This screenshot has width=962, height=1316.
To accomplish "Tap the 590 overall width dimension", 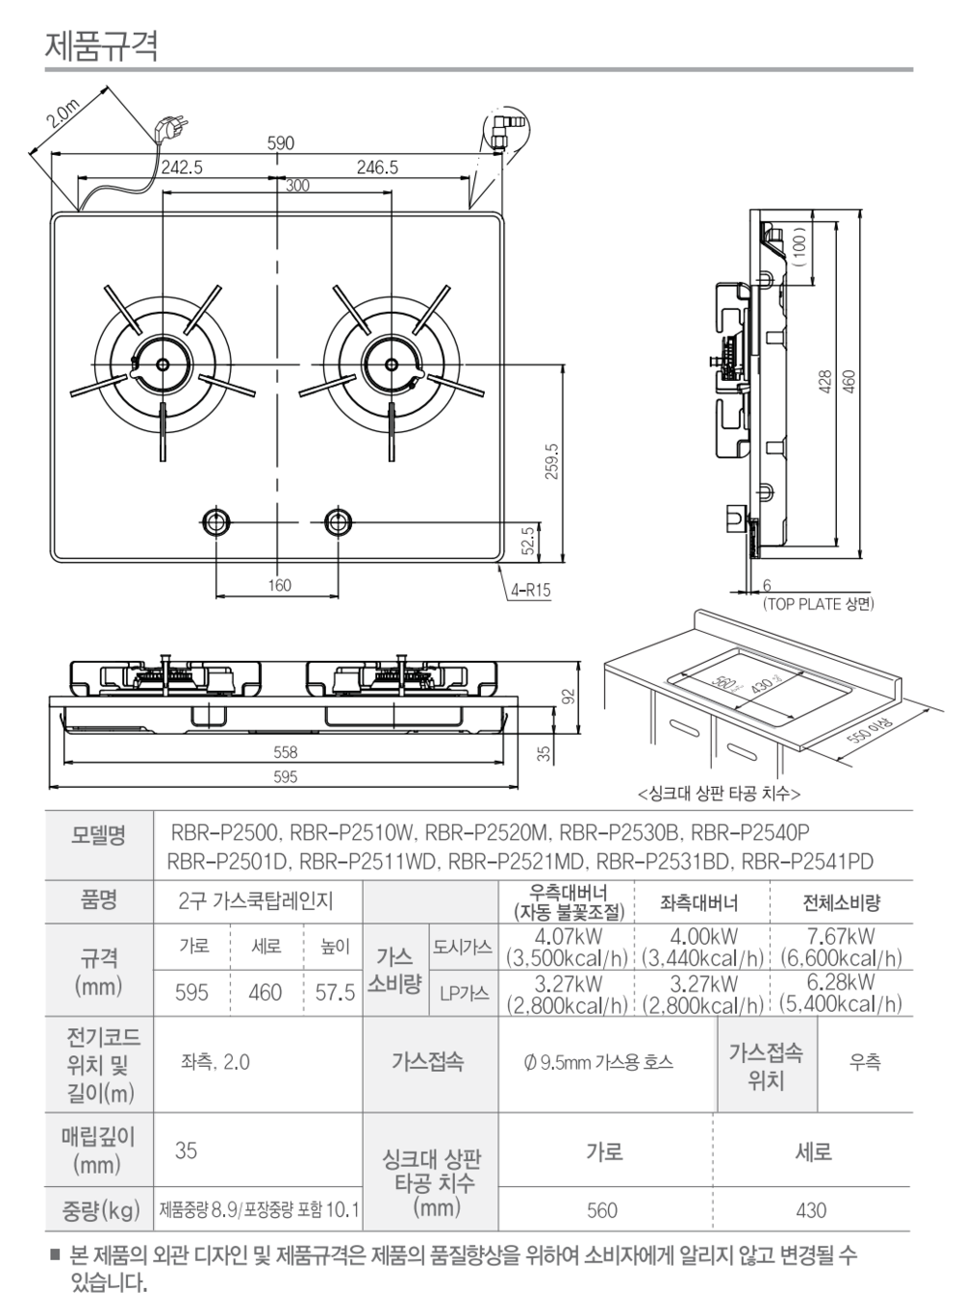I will [280, 143].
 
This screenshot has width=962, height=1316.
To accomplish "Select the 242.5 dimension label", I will [182, 166].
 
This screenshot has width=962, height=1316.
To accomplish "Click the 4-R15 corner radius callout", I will [531, 591].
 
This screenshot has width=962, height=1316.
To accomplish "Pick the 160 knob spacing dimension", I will [279, 585].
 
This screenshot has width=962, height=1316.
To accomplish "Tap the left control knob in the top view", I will [215, 522].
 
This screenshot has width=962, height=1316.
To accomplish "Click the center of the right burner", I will [391, 364].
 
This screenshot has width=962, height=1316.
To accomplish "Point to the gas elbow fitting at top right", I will [504, 129].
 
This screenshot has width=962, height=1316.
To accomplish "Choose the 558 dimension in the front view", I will [285, 752].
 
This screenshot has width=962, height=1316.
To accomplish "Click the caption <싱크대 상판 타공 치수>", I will [719, 794].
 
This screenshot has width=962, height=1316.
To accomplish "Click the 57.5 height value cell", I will [335, 992].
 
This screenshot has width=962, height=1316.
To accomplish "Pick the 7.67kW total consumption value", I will [841, 936].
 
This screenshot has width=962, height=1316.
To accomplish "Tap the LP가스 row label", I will [464, 993].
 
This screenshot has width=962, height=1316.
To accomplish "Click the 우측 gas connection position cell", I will [864, 1062].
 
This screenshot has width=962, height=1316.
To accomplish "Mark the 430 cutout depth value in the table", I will [811, 1209].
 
